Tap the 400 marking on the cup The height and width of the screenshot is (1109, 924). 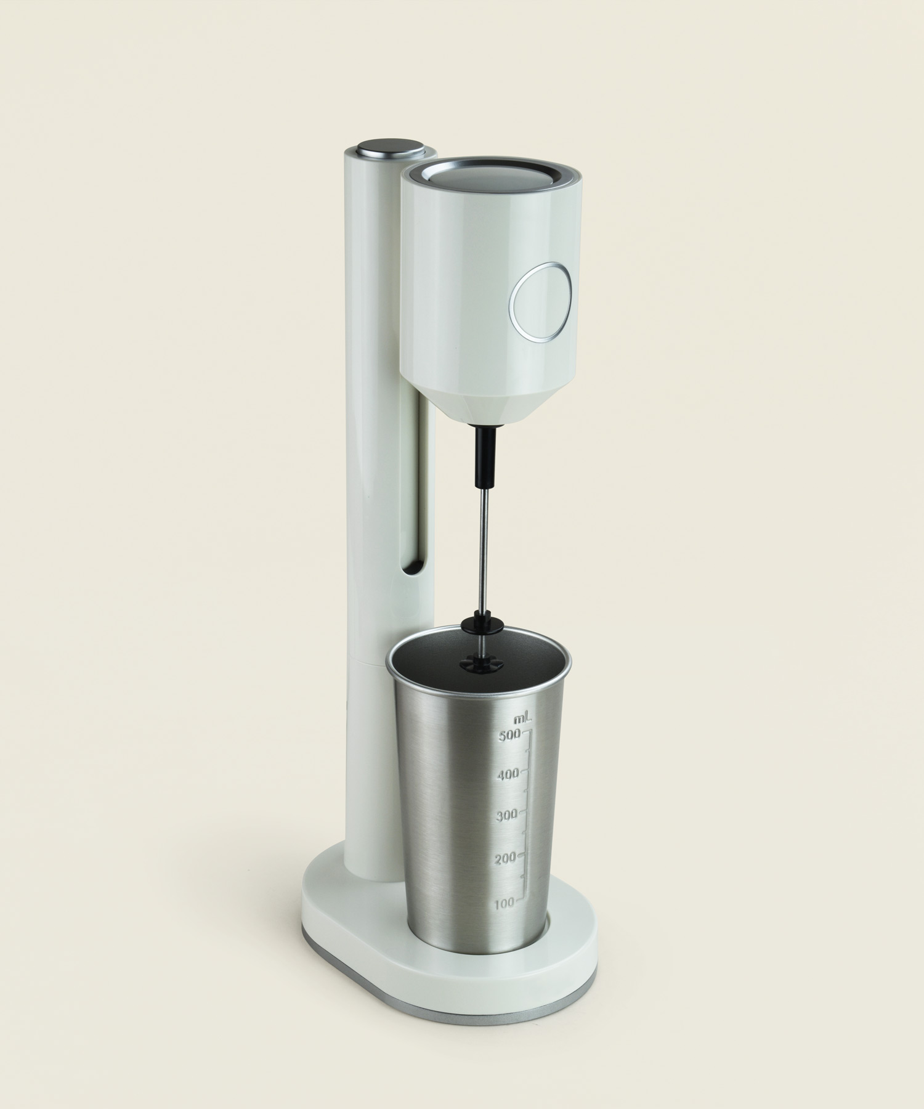pyautogui.click(x=509, y=774)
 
